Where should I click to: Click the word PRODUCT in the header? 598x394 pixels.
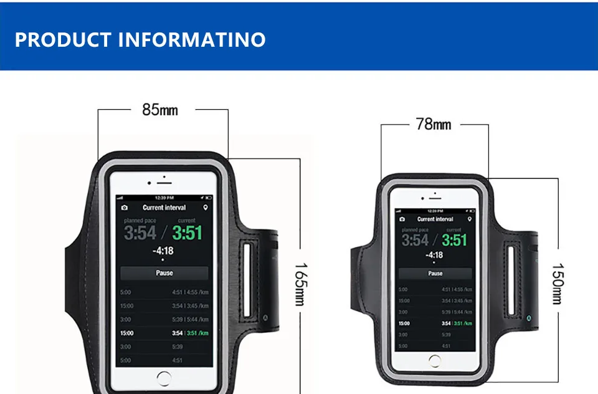click(62, 39)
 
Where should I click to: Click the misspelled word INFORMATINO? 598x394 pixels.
click(191, 39)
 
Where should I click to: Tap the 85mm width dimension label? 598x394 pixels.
click(160, 110)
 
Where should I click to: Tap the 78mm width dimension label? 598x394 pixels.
click(433, 124)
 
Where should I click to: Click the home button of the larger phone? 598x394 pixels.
click(164, 378)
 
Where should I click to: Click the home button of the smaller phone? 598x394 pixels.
click(435, 361)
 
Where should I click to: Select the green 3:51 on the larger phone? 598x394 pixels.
click(187, 233)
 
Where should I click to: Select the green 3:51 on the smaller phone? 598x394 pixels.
click(455, 240)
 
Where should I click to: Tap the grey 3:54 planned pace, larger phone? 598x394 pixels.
click(140, 233)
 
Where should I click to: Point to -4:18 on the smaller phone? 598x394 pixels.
click(434, 255)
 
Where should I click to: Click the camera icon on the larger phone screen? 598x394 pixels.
click(125, 208)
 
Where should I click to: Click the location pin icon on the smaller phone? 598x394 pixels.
click(469, 219)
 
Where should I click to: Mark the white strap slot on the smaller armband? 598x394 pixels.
click(511, 281)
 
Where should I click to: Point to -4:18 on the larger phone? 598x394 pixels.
click(163, 251)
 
